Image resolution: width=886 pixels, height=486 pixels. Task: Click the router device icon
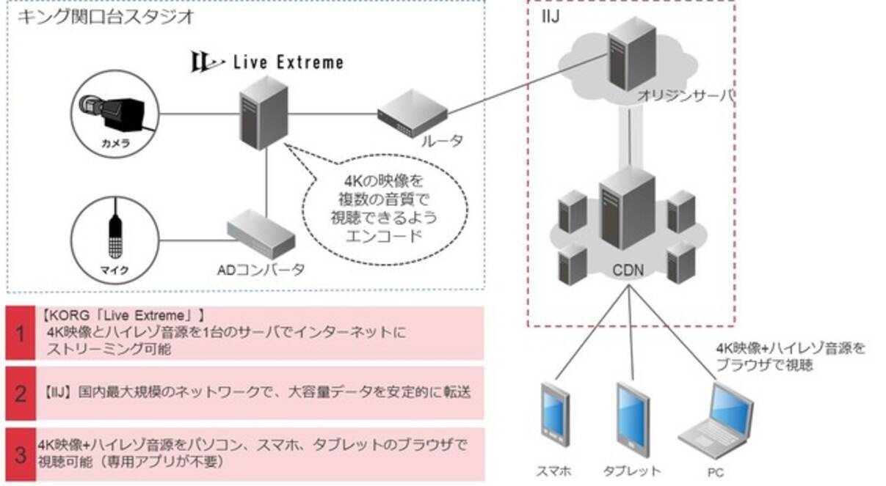pos(413,114)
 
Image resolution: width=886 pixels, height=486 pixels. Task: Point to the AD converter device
pos(261,234)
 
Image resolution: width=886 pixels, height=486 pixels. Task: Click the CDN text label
pos(628,270)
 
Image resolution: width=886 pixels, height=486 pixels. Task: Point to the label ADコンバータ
pos(260,270)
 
